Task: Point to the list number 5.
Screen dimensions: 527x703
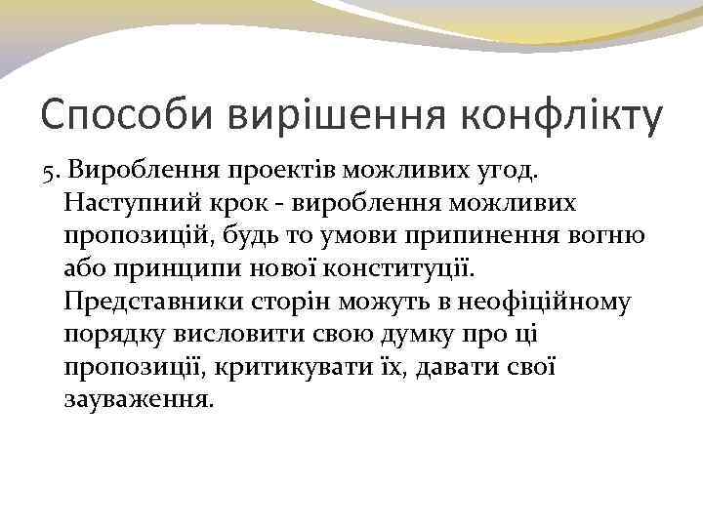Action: tap(50, 173)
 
